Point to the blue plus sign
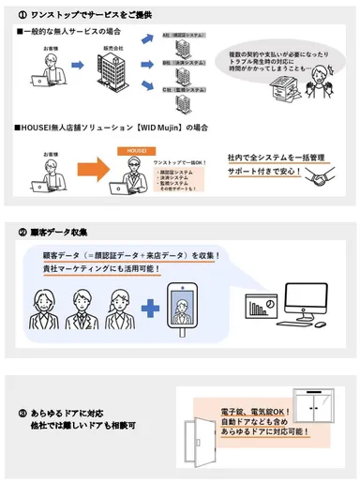coord(147,310)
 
